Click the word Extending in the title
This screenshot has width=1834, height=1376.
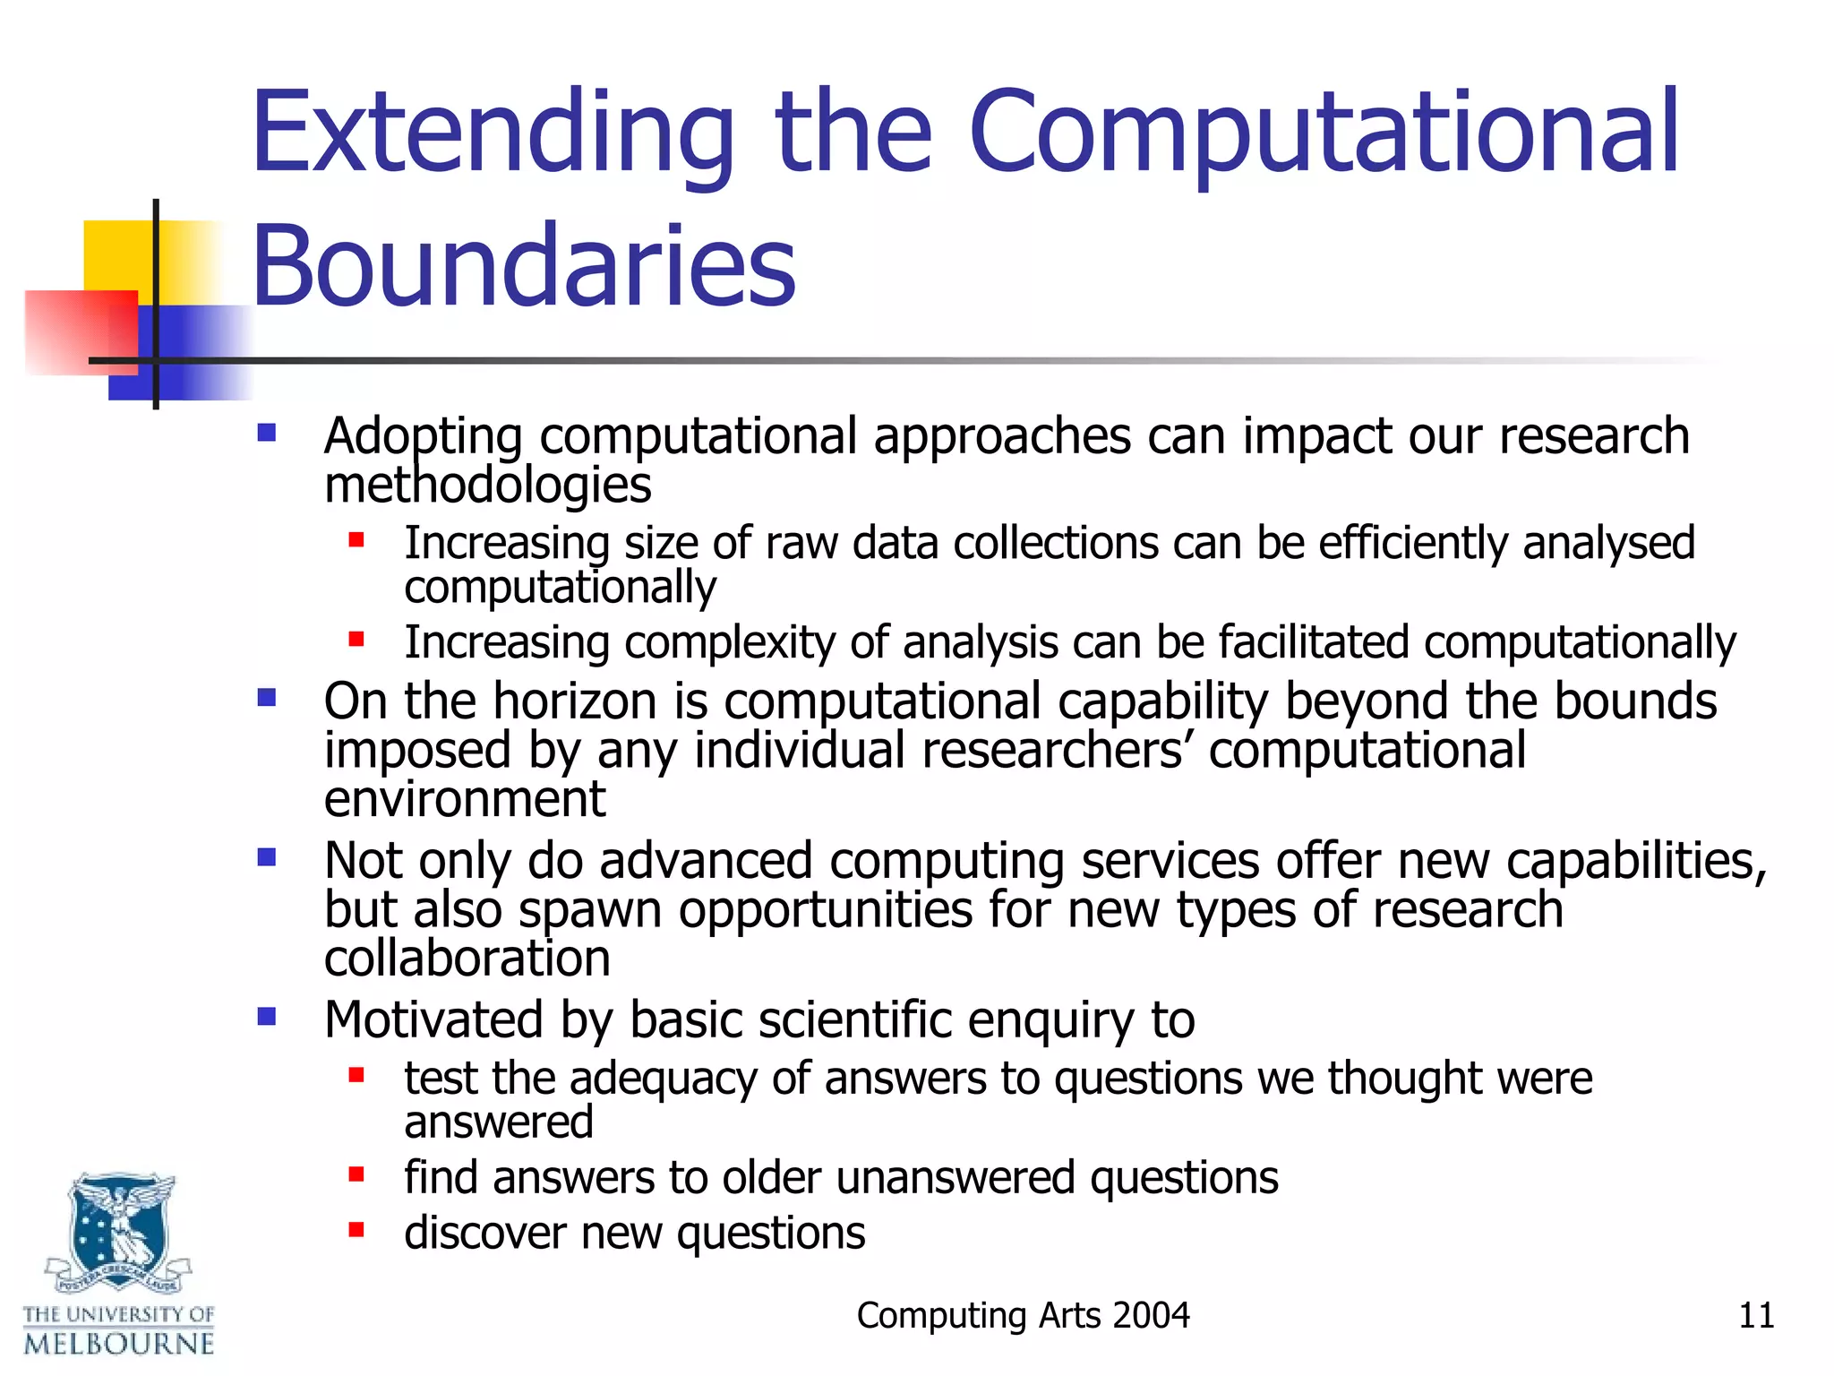(492, 134)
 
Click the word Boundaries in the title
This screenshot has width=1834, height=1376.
(523, 267)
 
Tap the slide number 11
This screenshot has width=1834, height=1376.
(1755, 1315)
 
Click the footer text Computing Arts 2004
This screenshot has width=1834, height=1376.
(1023, 1315)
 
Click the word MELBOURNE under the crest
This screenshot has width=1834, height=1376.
(119, 1344)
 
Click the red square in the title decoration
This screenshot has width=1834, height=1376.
(81, 331)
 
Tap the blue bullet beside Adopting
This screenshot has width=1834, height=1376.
(266, 434)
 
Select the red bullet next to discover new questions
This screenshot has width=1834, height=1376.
(356, 1229)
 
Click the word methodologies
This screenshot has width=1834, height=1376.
(487, 486)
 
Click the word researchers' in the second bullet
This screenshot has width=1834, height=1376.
(1057, 750)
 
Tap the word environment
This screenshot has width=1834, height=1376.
(465, 798)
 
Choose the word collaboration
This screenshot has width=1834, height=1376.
(467, 959)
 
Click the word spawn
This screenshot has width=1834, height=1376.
(590, 910)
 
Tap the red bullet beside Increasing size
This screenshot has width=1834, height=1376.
(356, 539)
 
